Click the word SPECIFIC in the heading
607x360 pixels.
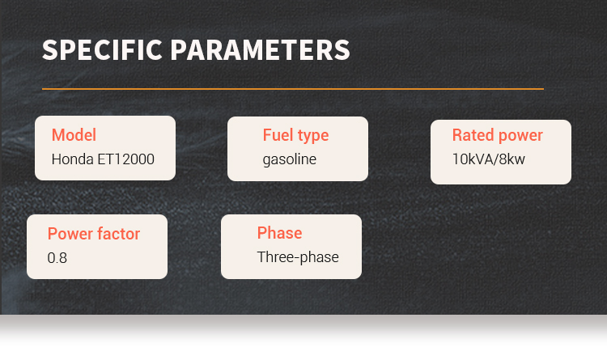tap(102, 50)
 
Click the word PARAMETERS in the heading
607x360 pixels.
tap(260, 50)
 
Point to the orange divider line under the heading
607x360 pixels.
tap(293, 89)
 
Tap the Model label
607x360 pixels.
tap(74, 135)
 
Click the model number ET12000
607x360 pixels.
tap(125, 159)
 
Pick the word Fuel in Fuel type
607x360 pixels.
tap(278, 135)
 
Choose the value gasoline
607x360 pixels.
tap(290, 160)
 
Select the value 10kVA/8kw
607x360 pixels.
tap(489, 159)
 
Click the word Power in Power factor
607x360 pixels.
tap(70, 234)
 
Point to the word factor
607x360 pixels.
tap(118, 234)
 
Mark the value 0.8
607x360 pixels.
tap(57, 258)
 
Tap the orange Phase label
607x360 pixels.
tap(279, 233)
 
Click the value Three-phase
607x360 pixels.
tap(298, 257)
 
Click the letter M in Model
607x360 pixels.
tap(58, 135)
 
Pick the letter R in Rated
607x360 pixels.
tap(457, 135)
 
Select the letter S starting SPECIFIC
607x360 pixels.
tap(49, 50)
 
